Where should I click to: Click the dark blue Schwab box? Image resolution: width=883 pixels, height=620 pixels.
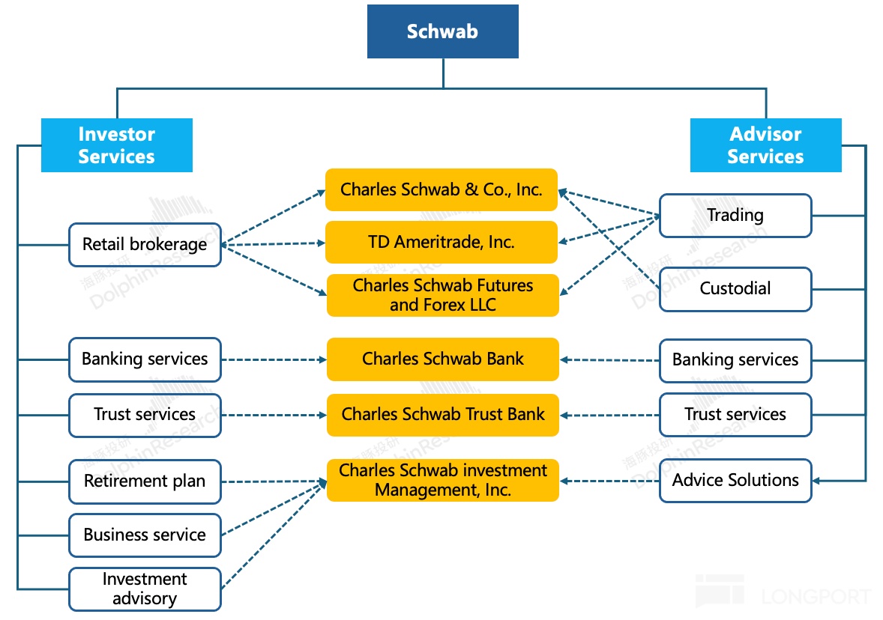442,31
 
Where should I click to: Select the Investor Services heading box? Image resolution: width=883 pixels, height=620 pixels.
116,145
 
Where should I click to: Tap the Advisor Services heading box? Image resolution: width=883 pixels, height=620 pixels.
765,145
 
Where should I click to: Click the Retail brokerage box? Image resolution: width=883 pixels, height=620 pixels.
145,244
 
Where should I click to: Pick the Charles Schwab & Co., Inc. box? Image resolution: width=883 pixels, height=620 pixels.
441,189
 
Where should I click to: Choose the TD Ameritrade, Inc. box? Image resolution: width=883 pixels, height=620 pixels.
441,242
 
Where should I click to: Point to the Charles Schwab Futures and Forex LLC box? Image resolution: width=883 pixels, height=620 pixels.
442,295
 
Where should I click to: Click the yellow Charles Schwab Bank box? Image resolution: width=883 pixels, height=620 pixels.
442,359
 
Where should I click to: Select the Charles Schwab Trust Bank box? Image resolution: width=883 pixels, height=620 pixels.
442,414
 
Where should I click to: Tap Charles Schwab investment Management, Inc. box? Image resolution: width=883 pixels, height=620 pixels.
442,480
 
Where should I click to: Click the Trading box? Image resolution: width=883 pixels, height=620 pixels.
735,216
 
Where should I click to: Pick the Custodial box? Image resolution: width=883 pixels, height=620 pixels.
735,288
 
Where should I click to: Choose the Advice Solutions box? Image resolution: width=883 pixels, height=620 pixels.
735,480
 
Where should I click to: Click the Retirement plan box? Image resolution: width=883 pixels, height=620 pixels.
145,481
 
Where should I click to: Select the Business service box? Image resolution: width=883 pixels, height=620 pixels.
145,535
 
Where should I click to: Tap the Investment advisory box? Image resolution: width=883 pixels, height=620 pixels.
145,589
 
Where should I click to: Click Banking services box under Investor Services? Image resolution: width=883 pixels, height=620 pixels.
145,359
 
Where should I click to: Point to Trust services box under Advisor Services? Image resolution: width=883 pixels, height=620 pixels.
735,414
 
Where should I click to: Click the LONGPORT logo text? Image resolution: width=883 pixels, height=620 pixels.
816,597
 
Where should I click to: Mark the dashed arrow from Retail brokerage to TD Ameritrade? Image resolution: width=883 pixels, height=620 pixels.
274,243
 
